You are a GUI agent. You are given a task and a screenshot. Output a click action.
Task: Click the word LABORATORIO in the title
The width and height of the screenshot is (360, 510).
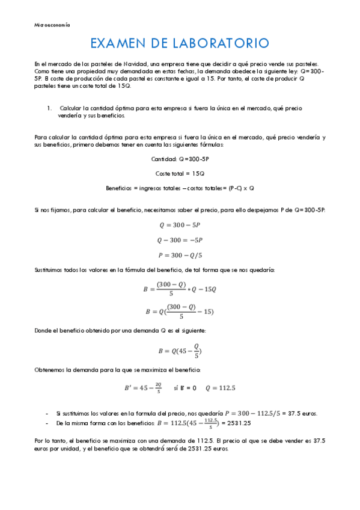click(224, 43)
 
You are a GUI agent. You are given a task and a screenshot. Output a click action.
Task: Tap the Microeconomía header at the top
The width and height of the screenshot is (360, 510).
click(52, 25)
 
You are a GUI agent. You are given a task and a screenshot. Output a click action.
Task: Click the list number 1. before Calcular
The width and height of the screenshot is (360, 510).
click(49, 108)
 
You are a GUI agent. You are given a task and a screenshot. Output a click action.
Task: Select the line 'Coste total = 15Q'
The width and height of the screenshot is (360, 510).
click(180, 173)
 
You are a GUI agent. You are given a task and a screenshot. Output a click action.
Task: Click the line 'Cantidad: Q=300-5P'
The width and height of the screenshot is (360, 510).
click(180, 159)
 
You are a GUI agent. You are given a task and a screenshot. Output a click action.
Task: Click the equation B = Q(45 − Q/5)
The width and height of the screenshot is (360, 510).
click(180, 351)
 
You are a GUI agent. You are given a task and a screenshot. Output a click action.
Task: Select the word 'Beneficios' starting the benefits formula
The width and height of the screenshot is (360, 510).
click(118, 188)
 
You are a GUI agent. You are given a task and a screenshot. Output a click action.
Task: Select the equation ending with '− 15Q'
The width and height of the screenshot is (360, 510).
click(180, 289)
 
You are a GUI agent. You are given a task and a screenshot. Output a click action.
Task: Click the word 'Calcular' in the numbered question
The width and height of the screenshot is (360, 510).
click(72, 108)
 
